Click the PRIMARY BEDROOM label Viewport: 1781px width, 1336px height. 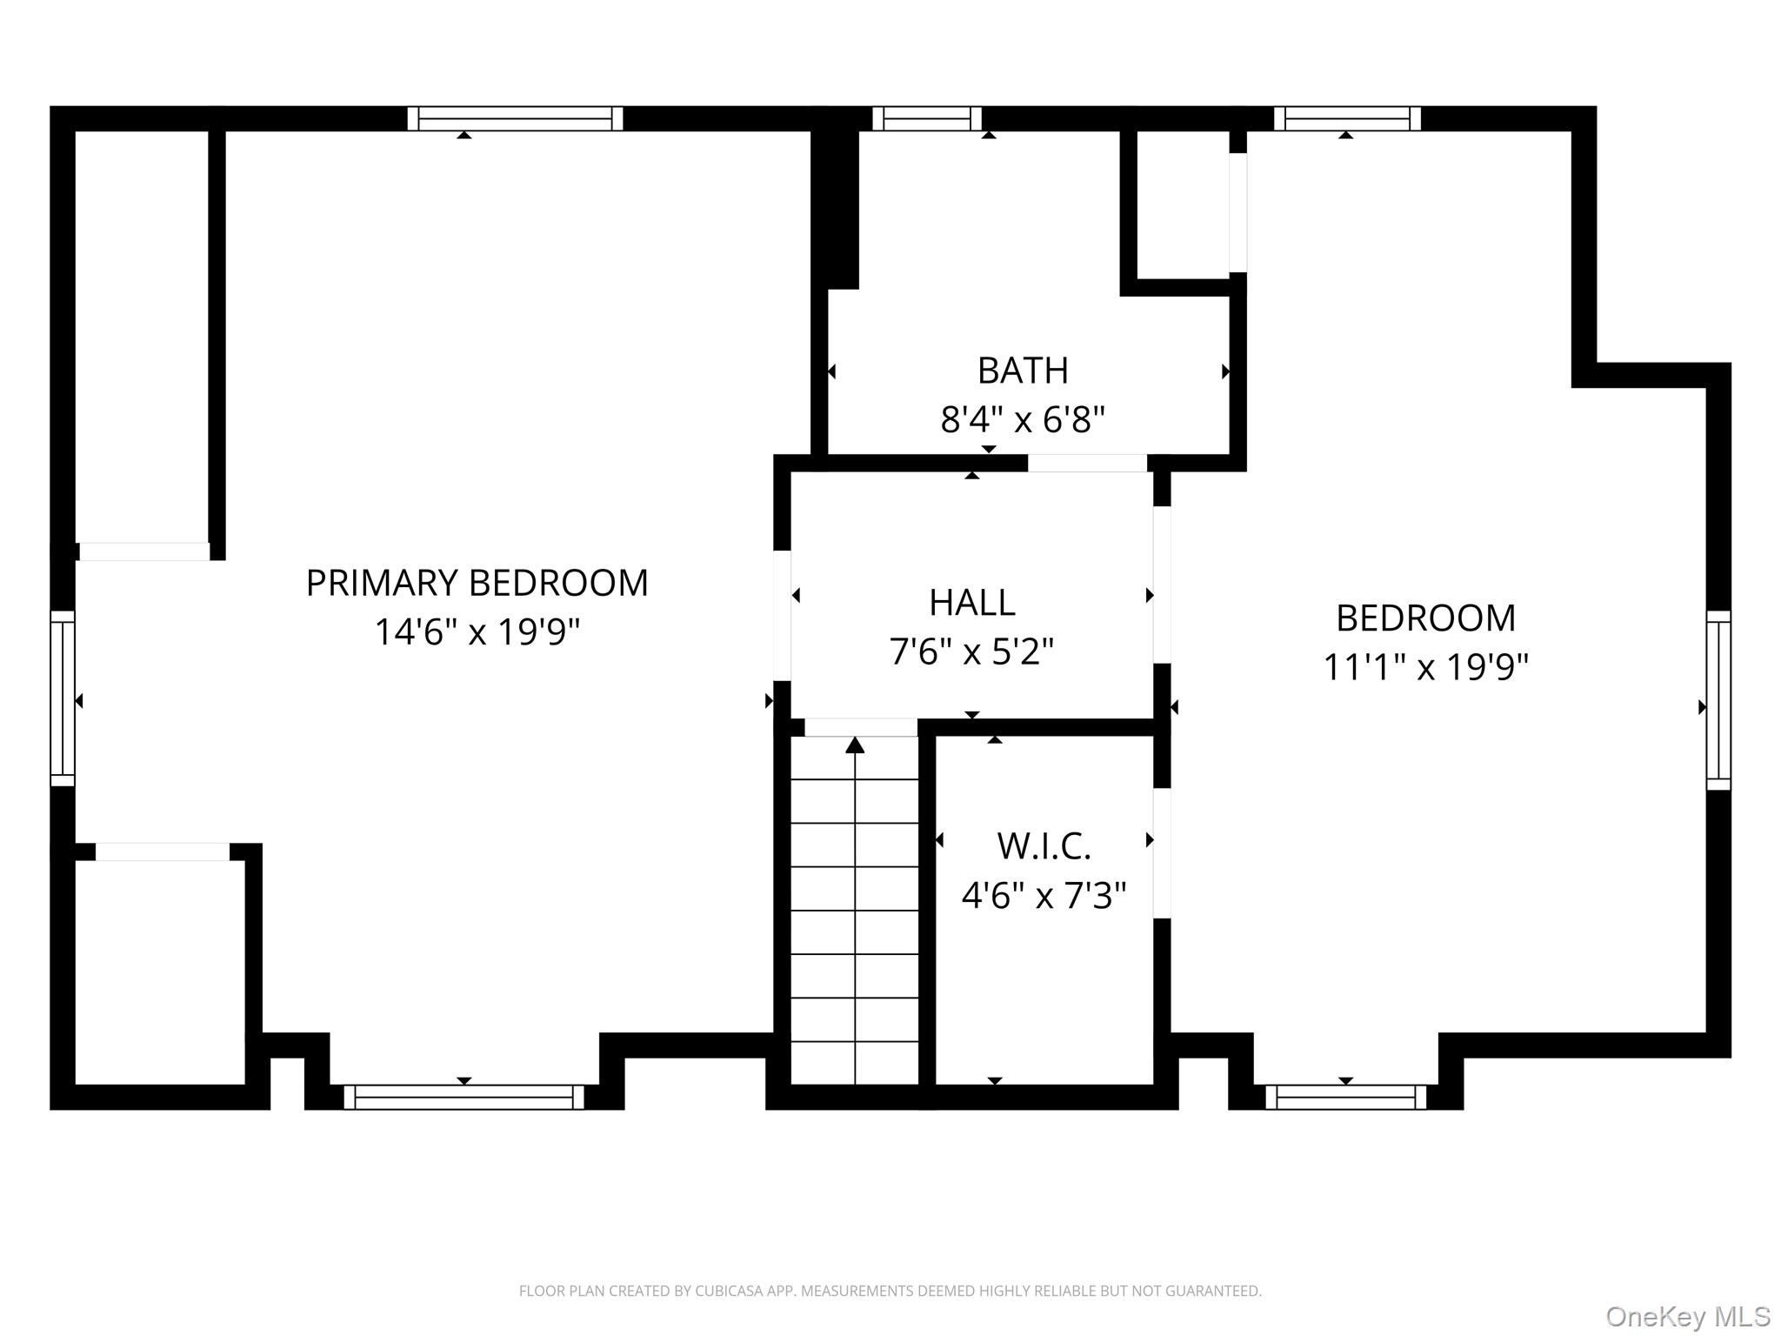[x=477, y=583]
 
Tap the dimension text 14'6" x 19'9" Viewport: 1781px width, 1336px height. [x=477, y=631]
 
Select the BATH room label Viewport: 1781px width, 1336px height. [x=1023, y=371]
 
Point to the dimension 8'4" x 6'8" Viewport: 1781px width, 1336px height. [x=1023, y=419]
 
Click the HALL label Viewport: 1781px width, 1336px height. [x=971, y=602]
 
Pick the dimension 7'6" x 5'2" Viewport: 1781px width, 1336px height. [x=971, y=651]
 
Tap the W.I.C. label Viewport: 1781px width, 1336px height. [x=1044, y=845]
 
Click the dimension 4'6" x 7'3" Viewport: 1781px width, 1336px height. [x=1044, y=894]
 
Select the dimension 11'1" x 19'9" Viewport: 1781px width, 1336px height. [x=1425, y=667]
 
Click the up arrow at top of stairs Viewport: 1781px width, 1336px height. [x=855, y=745]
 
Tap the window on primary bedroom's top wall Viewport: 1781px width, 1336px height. [x=515, y=118]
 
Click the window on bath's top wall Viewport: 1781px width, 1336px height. [x=927, y=118]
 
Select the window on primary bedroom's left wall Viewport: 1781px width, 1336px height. [x=63, y=698]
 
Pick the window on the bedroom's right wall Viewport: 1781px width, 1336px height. [x=1718, y=700]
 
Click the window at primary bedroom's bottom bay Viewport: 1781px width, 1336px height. [x=464, y=1097]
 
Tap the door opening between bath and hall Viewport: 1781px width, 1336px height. [x=1087, y=463]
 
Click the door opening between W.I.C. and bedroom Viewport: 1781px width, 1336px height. [x=1162, y=852]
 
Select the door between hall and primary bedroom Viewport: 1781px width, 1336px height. [x=782, y=615]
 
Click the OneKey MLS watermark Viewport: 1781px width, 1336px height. [x=1688, y=1317]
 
